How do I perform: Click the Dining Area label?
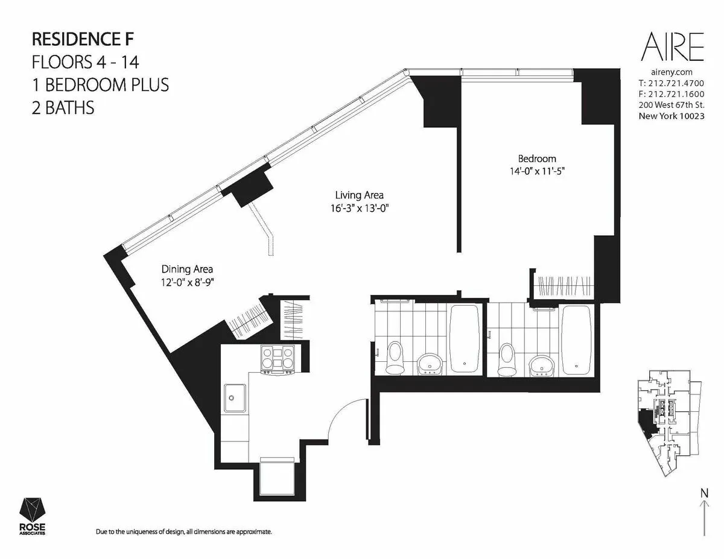(186, 270)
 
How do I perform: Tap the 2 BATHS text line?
(63, 108)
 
